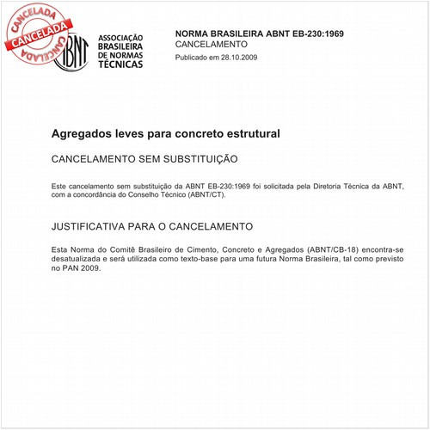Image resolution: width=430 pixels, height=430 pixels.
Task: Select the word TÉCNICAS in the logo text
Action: click(x=121, y=64)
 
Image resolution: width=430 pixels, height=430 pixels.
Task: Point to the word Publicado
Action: click(x=193, y=57)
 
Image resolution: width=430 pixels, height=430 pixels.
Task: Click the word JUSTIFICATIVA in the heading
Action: click(x=95, y=226)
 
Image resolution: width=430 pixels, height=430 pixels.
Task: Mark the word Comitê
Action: click(x=127, y=249)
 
